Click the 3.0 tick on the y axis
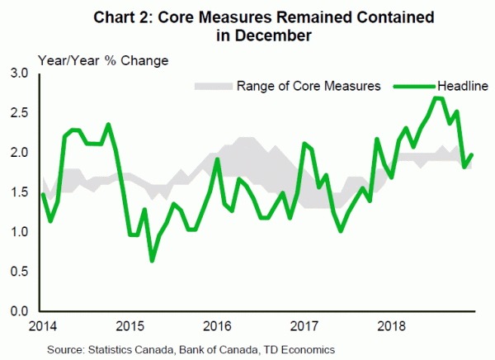(17, 74)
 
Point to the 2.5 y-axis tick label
(17, 113)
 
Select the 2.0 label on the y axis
(17, 153)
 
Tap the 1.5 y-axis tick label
(17, 192)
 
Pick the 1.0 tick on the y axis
(17, 232)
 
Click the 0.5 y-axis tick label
(17, 272)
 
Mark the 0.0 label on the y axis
(17, 311)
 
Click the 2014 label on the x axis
(42, 324)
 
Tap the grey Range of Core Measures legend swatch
(212, 85)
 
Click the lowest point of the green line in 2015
(153, 261)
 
